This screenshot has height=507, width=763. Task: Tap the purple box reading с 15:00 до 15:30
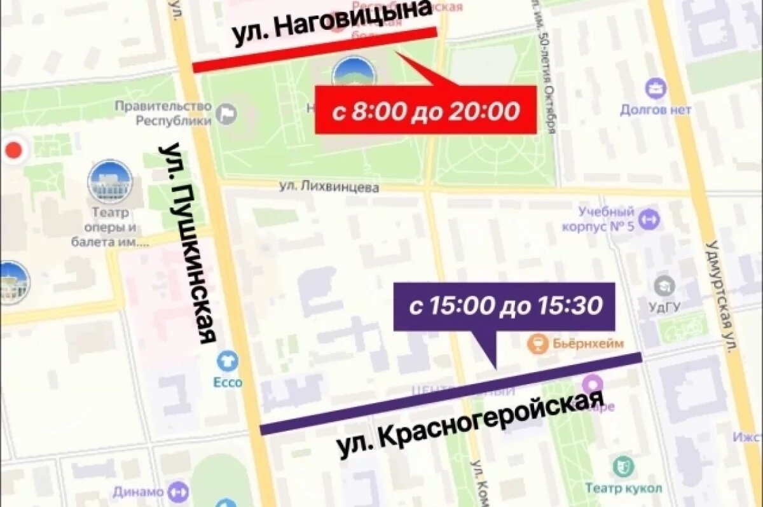[504, 307]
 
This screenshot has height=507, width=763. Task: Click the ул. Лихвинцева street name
[329, 187]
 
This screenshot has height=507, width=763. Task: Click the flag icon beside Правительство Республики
[226, 115]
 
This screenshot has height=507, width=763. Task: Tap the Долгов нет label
[656, 110]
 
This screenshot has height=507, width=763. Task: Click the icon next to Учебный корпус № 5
[649, 220]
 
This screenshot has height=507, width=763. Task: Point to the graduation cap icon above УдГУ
[664, 286]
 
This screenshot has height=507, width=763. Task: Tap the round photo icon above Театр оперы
[110, 181]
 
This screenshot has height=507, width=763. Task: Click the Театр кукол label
[623, 489]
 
